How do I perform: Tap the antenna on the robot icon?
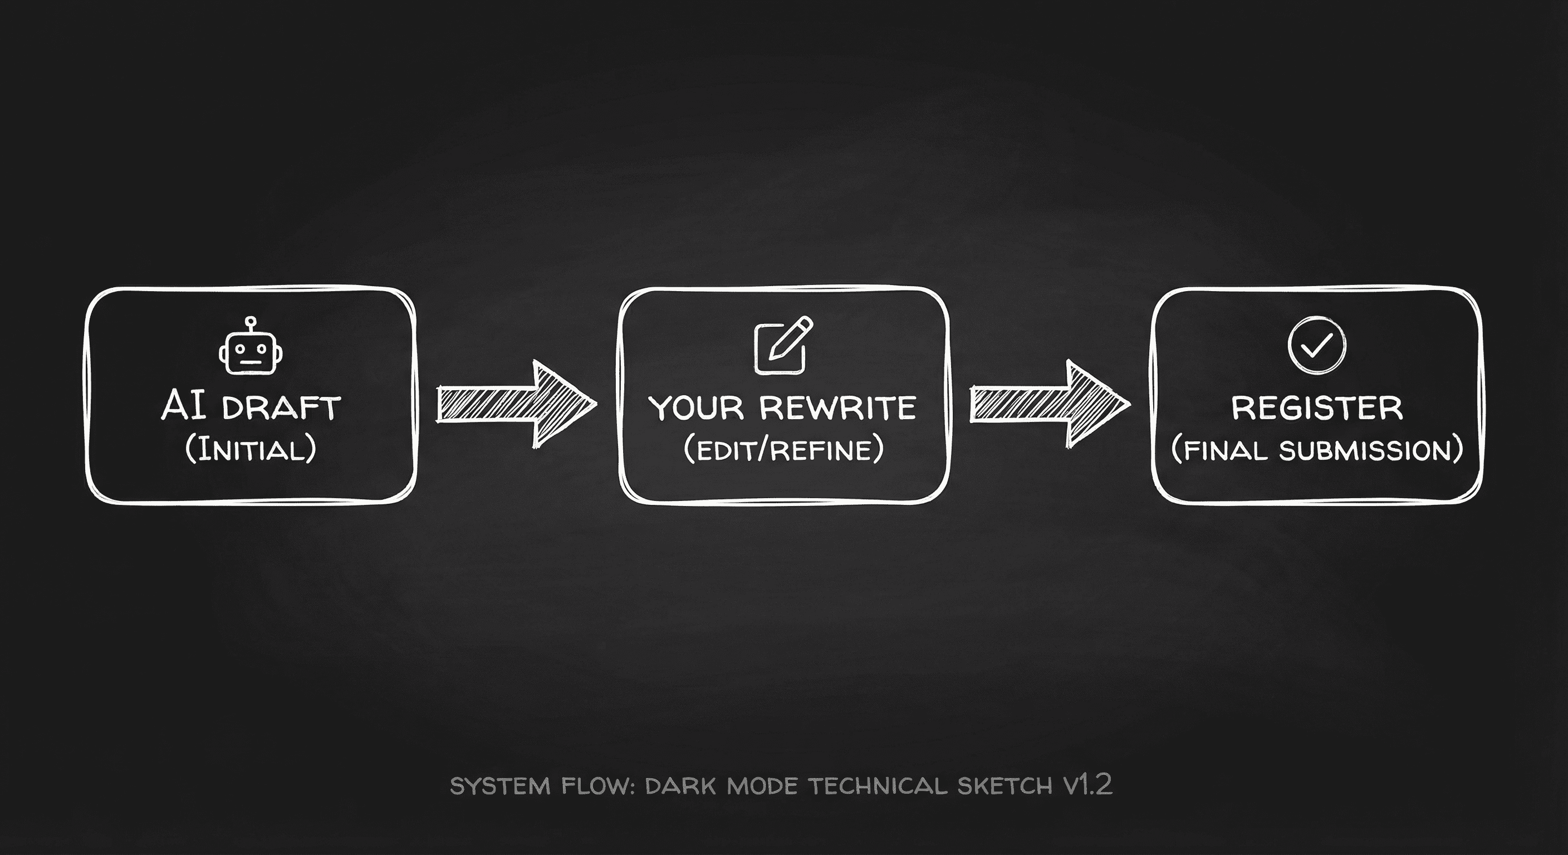(x=250, y=321)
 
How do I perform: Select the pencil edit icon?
(x=783, y=345)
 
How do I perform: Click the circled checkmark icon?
(x=1317, y=345)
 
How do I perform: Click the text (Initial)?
(x=250, y=450)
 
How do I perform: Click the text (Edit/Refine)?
(x=783, y=450)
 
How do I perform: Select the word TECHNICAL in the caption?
(x=877, y=786)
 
